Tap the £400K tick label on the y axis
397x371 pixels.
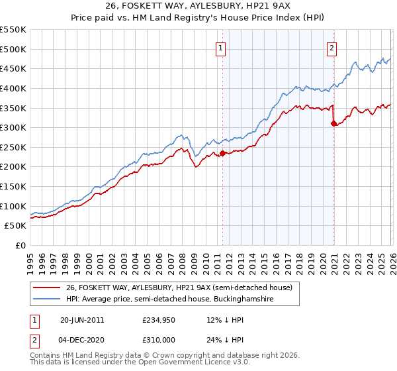(x=13, y=88)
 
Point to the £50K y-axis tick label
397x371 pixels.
(x=15, y=226)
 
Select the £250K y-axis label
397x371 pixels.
(x=13, y=147)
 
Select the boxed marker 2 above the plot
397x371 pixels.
(x=331, y=47)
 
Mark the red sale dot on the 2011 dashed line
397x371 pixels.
(x=222, y=153)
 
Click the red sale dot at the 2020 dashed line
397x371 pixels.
(x=333, y=123)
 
